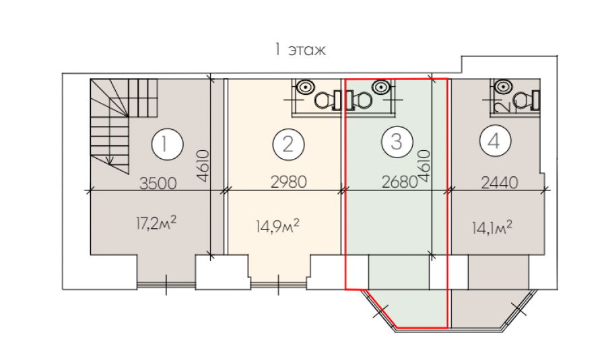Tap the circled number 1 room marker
pyautogui.click(x=167, y=145)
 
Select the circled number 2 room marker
pyautogui.click(x=288, y=145)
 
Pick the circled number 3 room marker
pyautogui.click(x=397, y=142)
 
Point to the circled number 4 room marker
pyautogui.click(x=495, y=141)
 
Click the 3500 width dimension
pyautogui.click(x=158, y=184)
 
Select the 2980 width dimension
pyautogui.click(x=289, y=182)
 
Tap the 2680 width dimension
pyautogui.click(x=399, y=182)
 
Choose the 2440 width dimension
pyautogui.click(x=500, y=182)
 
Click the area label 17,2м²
pyautogui.click(x=156, y=223)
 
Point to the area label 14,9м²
pyautogui.click(x=277, y=226)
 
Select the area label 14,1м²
pyautogui.click(x=492, y=227)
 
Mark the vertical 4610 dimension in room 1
pyautogui.click(x=203, y=166)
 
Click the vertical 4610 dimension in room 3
pyautogui.click(x=424, y=166)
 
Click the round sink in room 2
pyautogui.click(x=305, y=87)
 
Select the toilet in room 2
pyautogui.click(x=328, y=100)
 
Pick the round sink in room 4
pyautogui.click(x=503, y=86)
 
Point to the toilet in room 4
pyautogui.click(x=527, y=100)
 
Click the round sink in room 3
pyautogui.click(x=380, y=86)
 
